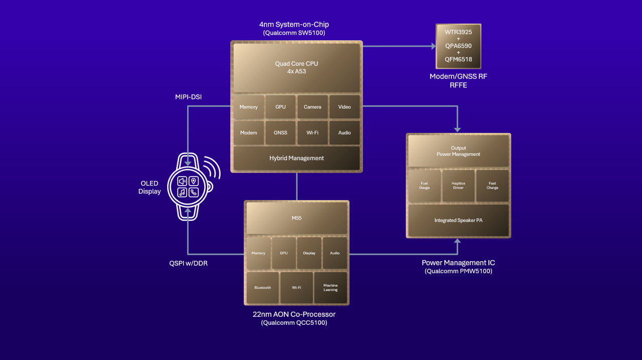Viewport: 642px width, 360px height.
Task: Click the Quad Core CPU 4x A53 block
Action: tap(296, 67)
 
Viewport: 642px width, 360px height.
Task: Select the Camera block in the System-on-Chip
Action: tap(312, 107)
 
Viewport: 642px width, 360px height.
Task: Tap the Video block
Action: tap(344, 107)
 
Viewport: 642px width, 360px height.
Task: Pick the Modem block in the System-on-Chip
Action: tap(248, 133)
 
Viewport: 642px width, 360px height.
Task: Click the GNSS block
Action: tap(280, 133)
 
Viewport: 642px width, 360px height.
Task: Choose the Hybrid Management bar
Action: tap(296, 158)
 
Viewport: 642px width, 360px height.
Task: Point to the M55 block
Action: tap(296, 218)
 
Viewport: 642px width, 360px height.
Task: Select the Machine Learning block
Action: tap(330, 288)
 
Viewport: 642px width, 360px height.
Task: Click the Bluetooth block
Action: tap(262, 288)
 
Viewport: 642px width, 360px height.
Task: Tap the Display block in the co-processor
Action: tap(309, 253)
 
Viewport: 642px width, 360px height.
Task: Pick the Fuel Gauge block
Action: tap(424, 186)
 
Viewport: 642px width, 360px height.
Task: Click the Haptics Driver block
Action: tap(458, 186)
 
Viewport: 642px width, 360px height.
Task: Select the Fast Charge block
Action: tap(492, 186)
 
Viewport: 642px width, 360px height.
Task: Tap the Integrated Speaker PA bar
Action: tap(458, 220)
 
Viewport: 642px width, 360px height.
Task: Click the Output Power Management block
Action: tap(458, 151)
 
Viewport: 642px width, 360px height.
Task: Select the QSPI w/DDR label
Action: tap(188, 263)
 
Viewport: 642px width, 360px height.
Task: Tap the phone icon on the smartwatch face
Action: tap(194, 192)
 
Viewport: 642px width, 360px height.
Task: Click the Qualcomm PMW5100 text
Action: tap(458, 271)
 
